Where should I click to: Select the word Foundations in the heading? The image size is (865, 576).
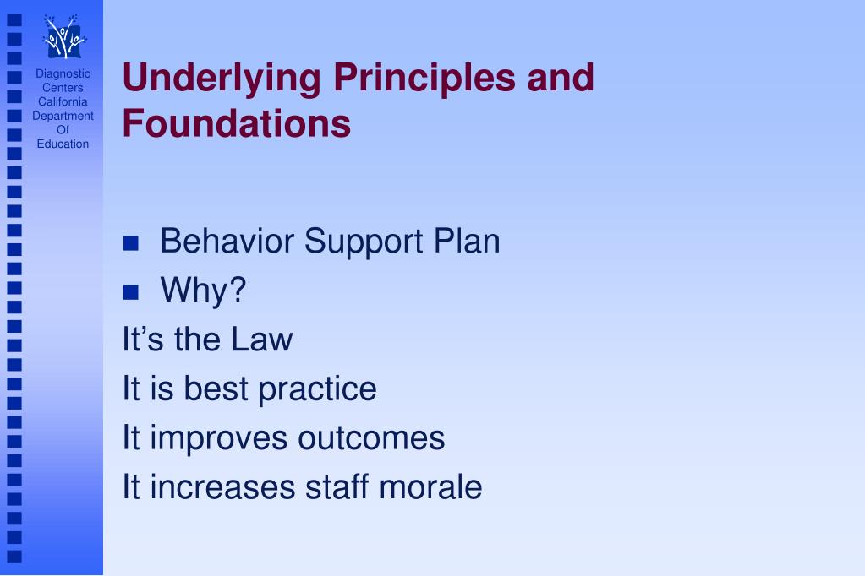[236, 123]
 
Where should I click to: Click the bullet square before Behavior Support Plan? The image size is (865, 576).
[130, 245]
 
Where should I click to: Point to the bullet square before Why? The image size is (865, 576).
[130, 293]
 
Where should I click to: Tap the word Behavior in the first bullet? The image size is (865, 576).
[227, 242]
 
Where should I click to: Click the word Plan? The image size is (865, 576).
[467, 242]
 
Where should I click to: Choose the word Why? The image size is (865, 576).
[203, 291]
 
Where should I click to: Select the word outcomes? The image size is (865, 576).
[370, 438]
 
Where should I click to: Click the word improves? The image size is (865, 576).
[217, 438]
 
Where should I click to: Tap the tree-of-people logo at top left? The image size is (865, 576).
[63, 36]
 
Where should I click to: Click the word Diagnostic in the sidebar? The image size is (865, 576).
[63, 73]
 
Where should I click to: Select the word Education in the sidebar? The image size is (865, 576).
[63, 144]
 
